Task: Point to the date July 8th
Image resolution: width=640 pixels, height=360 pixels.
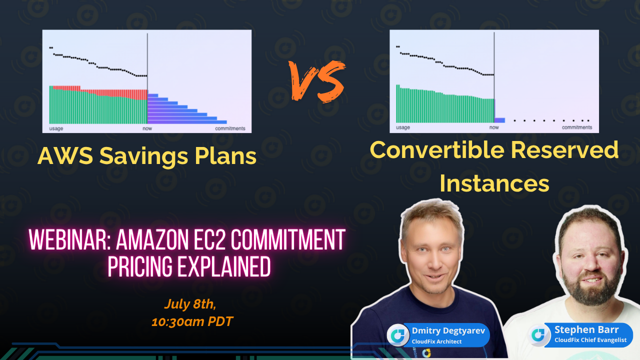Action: point(190,304)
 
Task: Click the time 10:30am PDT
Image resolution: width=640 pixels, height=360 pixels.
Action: point(192,321)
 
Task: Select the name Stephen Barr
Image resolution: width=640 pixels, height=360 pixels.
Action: point(586,330)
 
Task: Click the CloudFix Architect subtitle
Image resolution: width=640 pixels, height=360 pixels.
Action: point(436,341)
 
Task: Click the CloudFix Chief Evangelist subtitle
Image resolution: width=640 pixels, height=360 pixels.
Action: point(590,340)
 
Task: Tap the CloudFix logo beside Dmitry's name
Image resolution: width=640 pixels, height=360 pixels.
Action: point(398,335)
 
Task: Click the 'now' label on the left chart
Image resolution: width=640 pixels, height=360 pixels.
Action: point(147,128)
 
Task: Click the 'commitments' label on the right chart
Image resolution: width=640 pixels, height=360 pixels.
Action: point(576,127)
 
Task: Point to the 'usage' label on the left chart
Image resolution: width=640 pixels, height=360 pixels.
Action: point(56,128)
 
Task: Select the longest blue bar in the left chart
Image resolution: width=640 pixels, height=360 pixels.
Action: point(187,122)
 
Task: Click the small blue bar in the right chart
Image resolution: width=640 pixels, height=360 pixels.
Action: point(499,120)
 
